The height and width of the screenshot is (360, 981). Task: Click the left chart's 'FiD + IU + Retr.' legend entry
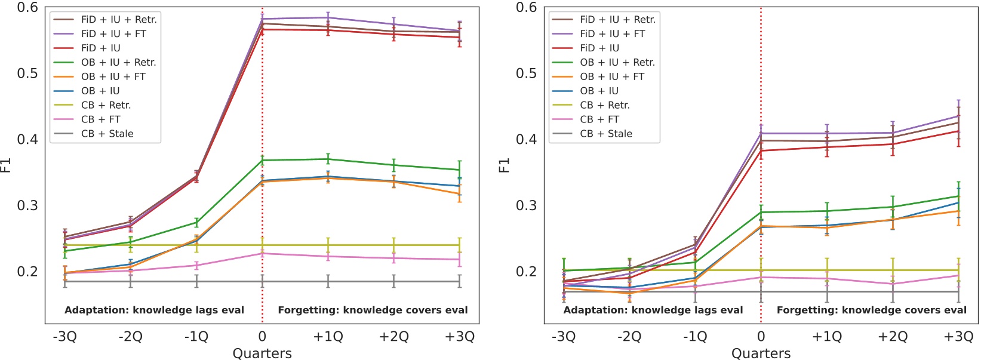(x=119, y=20)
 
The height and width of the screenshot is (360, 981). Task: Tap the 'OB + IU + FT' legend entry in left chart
(x=113, y=76)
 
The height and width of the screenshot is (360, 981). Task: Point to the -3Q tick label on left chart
(x=64, y=337)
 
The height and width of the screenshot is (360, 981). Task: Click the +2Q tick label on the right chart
(x=893, y=337)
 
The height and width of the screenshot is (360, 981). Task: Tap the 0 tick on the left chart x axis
(x=262, y=337)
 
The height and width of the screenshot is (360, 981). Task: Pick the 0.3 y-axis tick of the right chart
(x=526, y=205)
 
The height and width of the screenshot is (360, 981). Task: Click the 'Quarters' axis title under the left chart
(x=262, y=353)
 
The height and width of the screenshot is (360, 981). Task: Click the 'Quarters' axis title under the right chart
(x=761, y=353)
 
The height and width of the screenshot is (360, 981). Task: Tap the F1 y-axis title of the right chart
(x=505, y=165)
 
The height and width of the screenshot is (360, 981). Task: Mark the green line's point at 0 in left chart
(x=262, y=160)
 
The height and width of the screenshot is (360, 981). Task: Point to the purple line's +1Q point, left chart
(x=328, y=17)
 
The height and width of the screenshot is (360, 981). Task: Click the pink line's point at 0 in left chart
(x=262, y=254)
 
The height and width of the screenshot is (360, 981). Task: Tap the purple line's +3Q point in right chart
(x=958, y=116)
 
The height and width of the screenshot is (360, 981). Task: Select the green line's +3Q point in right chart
(x=958, y=196)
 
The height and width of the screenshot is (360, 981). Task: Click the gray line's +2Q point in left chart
(x=393, y=281)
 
